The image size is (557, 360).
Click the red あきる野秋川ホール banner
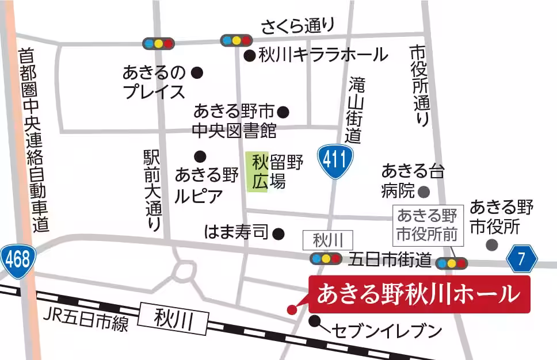pyautogui.click(x=419, y=294)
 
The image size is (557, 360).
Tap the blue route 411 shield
pyautogui.click(x=334, y=160)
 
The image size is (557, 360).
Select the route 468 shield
pyautogui.click(x=18, y=261)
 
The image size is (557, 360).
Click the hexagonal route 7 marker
pyautogui.click(x=521, y=259)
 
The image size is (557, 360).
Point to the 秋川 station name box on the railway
pyautogui.click(x=174, y=319)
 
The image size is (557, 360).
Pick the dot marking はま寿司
pyautogui.click(x=278, y=233)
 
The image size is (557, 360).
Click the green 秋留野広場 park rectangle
pyautogui.click(x=257, y=171)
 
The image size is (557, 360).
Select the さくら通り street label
pyautogui.click(x=297, y=26)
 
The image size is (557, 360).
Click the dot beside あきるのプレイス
pyautogui.click(x=197, y=72)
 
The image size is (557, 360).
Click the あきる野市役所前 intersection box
pyautogui.click(x=426, y=225)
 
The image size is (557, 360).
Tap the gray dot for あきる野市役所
pyautogui.click(x=491, y=245)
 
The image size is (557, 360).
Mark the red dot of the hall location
pyautogui.click(x=292, y=309)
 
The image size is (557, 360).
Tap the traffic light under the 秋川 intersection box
pyautogui.click(x=326, y=259)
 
